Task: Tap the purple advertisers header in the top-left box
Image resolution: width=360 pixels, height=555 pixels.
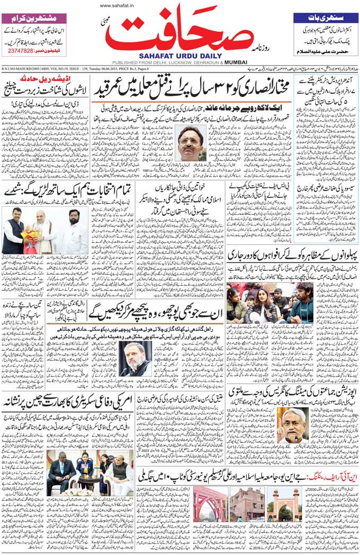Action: [x=35, y=18]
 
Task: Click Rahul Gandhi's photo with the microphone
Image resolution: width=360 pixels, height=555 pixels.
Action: [x=134, y=358]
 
